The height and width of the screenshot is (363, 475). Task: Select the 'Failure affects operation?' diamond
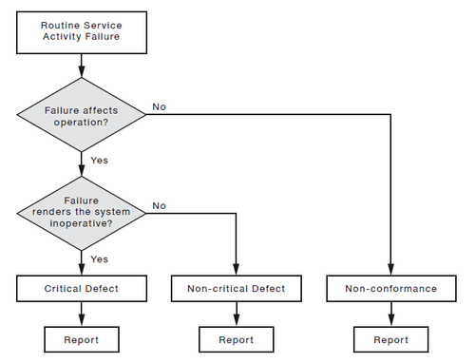(81, 116)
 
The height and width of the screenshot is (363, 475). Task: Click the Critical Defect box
(81, 288)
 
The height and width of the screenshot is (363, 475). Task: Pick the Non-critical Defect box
(236, 288)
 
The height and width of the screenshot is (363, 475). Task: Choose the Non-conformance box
(390, 288)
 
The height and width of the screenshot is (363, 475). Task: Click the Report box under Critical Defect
(81, 339)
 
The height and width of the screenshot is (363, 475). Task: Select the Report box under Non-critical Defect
(236, 339)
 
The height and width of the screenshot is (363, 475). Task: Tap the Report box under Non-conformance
(390, 339)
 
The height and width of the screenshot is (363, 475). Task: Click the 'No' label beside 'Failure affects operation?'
(160, 107)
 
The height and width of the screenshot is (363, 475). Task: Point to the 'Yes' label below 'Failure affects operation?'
(99, 160)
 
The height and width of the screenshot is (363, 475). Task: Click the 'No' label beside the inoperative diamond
(160, 204)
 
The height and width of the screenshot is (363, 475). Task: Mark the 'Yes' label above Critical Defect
(99, 258)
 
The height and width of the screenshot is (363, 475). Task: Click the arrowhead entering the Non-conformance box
(390, 270)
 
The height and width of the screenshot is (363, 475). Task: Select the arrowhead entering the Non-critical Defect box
(236, 270)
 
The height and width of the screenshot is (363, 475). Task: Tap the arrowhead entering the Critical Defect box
(81, 270)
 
